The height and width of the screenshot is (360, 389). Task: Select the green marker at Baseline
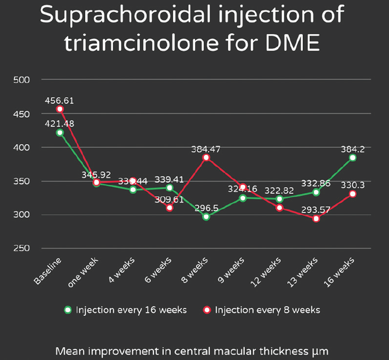tap(60, 132)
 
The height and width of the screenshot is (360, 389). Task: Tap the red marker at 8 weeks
tap(206, 158)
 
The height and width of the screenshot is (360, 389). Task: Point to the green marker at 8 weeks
tap(206, 217)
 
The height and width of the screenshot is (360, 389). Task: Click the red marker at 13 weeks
tap(316, 218)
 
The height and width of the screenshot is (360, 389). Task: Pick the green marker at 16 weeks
tap(353, 158)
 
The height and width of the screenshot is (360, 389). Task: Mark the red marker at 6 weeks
tap(169, 207)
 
